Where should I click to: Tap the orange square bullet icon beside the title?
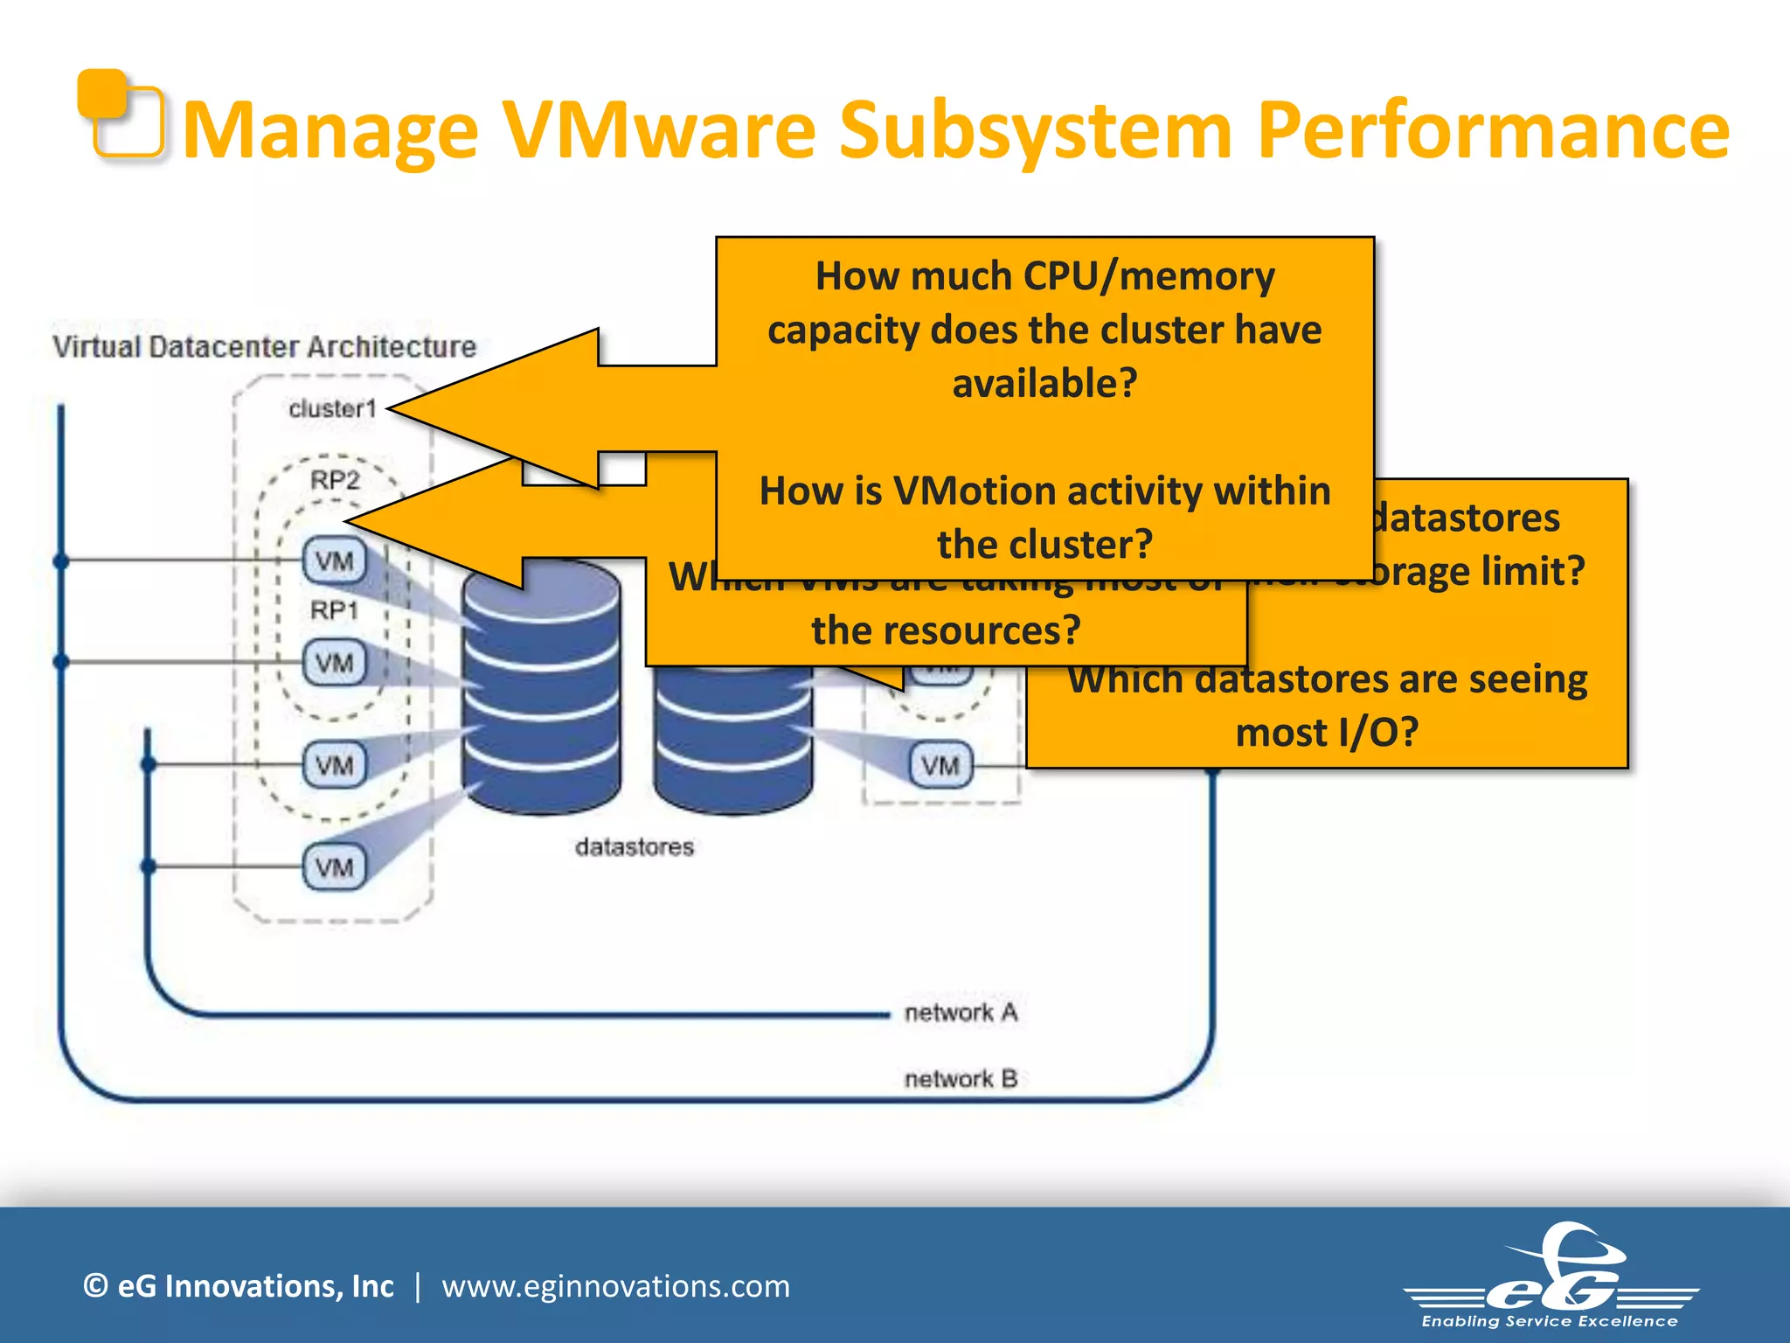pos(120,115)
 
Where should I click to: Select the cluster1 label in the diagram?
pos(332,408)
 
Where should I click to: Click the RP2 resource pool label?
pos(335,480)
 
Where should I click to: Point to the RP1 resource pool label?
pos(335,610)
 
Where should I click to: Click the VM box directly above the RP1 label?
pos(335,560)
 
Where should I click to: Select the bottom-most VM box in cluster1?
pos(335,867)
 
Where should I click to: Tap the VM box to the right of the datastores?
pos(940,766)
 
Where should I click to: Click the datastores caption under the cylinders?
pos(635,846)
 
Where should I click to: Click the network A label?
pos(961,1012)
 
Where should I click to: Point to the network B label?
pos(961,1079)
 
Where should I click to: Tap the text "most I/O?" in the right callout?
pos(1326,732)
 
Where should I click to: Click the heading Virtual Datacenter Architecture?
pos(264,347)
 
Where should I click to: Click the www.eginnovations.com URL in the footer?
pos(615,1286)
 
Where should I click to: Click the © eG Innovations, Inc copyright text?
pos(238,1286)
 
